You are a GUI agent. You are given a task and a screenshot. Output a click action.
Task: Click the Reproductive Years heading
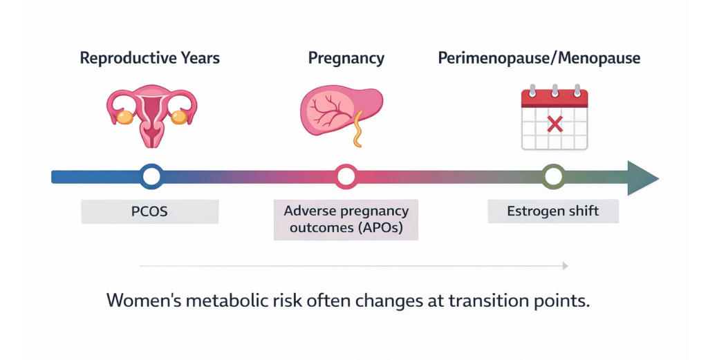(150, 58)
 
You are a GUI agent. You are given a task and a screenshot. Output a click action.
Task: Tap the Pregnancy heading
(346, 58)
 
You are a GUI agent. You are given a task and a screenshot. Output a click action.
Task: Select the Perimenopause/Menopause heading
(539, 58)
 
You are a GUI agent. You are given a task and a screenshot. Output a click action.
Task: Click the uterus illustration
(151, 113)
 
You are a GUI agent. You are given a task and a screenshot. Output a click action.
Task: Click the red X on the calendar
(554, 124)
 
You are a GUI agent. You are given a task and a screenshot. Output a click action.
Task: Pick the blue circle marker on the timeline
(151, 177)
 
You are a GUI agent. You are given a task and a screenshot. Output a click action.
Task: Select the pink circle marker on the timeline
(346, 177)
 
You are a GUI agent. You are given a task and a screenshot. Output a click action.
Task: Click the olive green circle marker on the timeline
(553, 177)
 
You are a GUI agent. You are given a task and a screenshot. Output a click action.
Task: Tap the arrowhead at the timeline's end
(642, 177)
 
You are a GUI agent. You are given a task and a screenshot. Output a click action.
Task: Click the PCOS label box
(149, 211)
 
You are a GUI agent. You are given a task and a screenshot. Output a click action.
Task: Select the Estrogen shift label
(553, 211)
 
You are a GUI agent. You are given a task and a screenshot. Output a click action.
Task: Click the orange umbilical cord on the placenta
(357, 132)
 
